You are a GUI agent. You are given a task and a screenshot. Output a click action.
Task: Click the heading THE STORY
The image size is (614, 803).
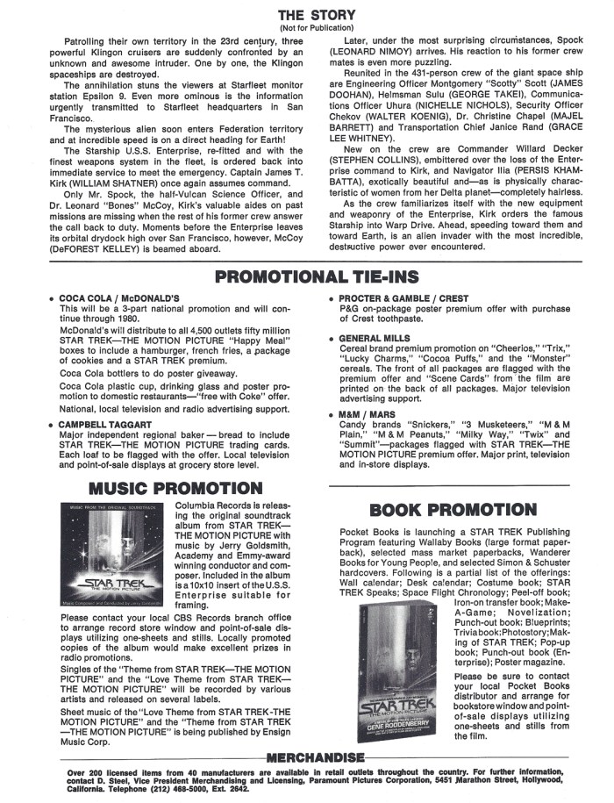(x=317, y=15)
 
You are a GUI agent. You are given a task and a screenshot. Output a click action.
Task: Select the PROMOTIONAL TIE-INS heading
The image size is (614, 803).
(x=317, y=278)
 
